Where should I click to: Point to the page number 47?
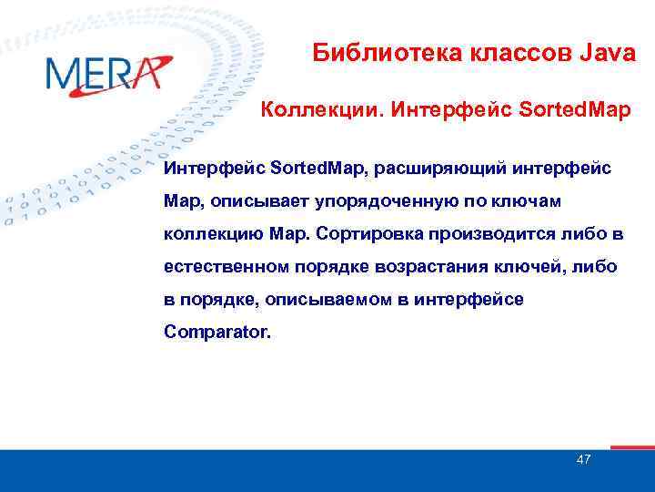pos(583,459)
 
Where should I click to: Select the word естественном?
pos(226,266)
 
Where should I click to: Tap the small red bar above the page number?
pos(631,447)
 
